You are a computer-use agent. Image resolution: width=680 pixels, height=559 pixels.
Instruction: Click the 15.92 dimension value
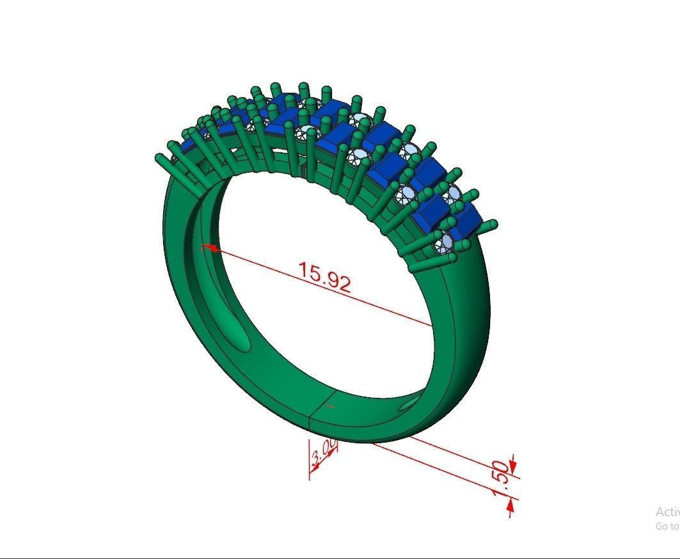pos(325,277)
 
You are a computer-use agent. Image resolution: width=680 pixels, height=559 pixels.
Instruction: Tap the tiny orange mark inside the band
pos(330,405)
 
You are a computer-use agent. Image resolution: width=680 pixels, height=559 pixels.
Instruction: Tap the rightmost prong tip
pos(493,224)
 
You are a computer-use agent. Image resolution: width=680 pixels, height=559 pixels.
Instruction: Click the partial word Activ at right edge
pos(667,512)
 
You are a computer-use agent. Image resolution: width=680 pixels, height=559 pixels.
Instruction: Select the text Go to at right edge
pos(667,526)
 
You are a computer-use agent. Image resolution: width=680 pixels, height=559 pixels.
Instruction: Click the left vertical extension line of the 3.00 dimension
pos(310,458)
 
